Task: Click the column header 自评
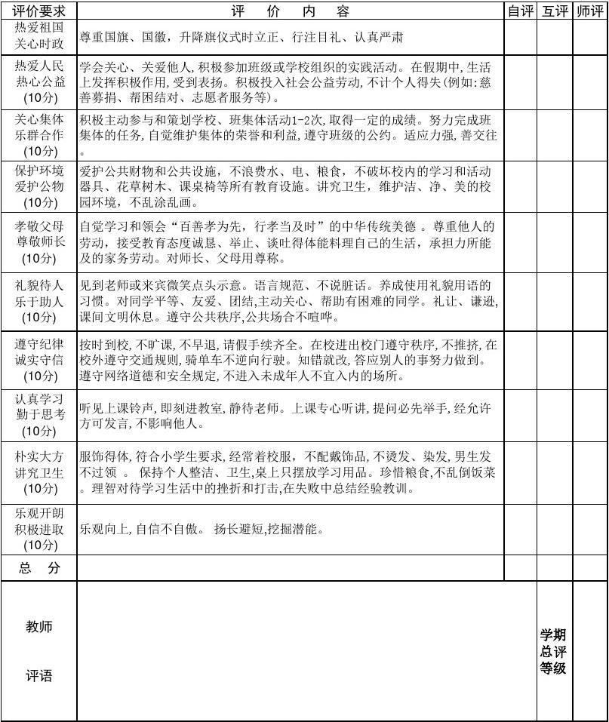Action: coord(521,11)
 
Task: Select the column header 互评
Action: coord(555,11)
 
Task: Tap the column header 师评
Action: coord(589,11)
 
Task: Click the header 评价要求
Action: coord(39,11)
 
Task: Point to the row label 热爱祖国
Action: coord(39,27)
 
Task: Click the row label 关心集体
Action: coord(39,119)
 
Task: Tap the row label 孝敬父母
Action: coord(39,226)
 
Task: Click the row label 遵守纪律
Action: coord(39,344)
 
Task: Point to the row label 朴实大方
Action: coord(39,456)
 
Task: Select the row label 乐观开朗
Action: coord(39,513)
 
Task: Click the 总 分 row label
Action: coord(39,568)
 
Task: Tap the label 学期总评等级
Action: coord(553,652)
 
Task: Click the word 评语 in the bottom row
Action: coord(39,676)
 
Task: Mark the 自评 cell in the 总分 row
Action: coord(521,568)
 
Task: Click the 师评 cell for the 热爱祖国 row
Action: coord(589,37)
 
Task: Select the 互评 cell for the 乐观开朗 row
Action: coord(555,529)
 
